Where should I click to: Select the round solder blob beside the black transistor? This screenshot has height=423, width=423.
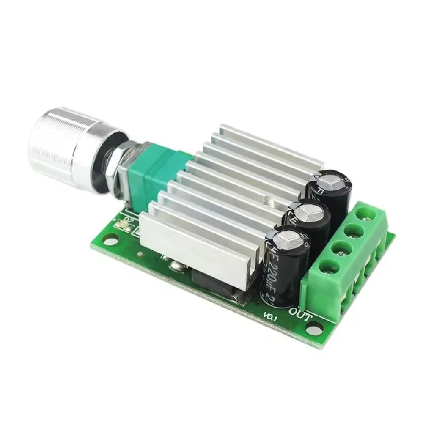point(175,266)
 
